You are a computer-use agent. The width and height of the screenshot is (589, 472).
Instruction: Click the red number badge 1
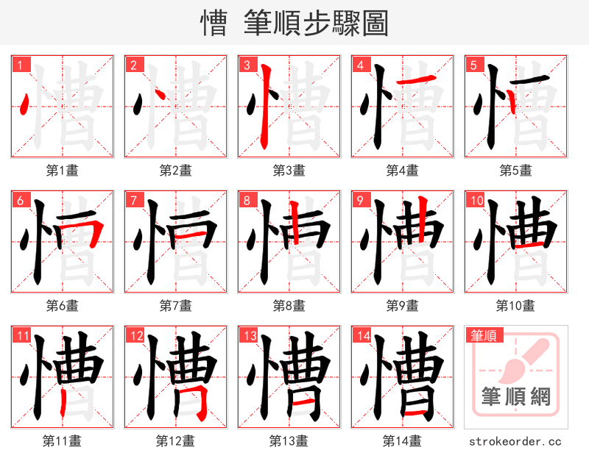[x=20, y=65]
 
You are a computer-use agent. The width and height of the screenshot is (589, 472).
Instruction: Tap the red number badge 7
[x=133, y=200]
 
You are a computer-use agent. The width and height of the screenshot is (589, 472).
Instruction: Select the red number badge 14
[x=360, y=336]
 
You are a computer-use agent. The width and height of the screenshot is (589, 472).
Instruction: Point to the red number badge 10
[x=475, y=200]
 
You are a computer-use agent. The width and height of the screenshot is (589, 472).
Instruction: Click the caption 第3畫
[x=289, y=171]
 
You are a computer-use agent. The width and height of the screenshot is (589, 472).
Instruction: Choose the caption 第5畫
[x=515, y=171]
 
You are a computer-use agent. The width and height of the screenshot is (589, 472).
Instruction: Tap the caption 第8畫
[x=289, y=305]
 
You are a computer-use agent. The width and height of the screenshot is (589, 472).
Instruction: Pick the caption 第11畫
[x=62, y=441]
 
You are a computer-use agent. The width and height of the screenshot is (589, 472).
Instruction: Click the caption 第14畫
[x=402, y=441]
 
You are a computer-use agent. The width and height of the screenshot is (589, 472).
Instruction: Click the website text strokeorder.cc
[x=515, y=441]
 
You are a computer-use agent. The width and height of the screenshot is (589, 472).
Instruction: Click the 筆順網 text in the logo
[x=515, y=398]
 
